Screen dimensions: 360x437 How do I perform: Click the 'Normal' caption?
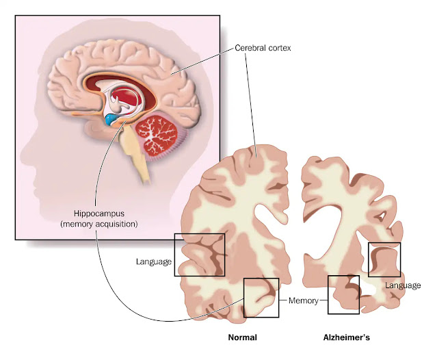(241, 337)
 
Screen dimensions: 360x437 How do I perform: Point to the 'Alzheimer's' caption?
(346, 337)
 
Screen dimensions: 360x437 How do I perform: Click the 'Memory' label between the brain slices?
(302, 300)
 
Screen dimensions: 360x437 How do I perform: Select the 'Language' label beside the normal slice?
(153, 261)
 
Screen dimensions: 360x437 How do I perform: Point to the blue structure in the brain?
(111, 120)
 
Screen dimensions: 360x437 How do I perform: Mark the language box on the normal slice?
(199, 255)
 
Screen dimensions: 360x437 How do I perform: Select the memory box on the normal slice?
(261, 297)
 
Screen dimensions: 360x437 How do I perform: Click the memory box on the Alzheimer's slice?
(344, 294)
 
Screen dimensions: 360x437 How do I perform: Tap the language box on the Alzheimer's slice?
(384, 259)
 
